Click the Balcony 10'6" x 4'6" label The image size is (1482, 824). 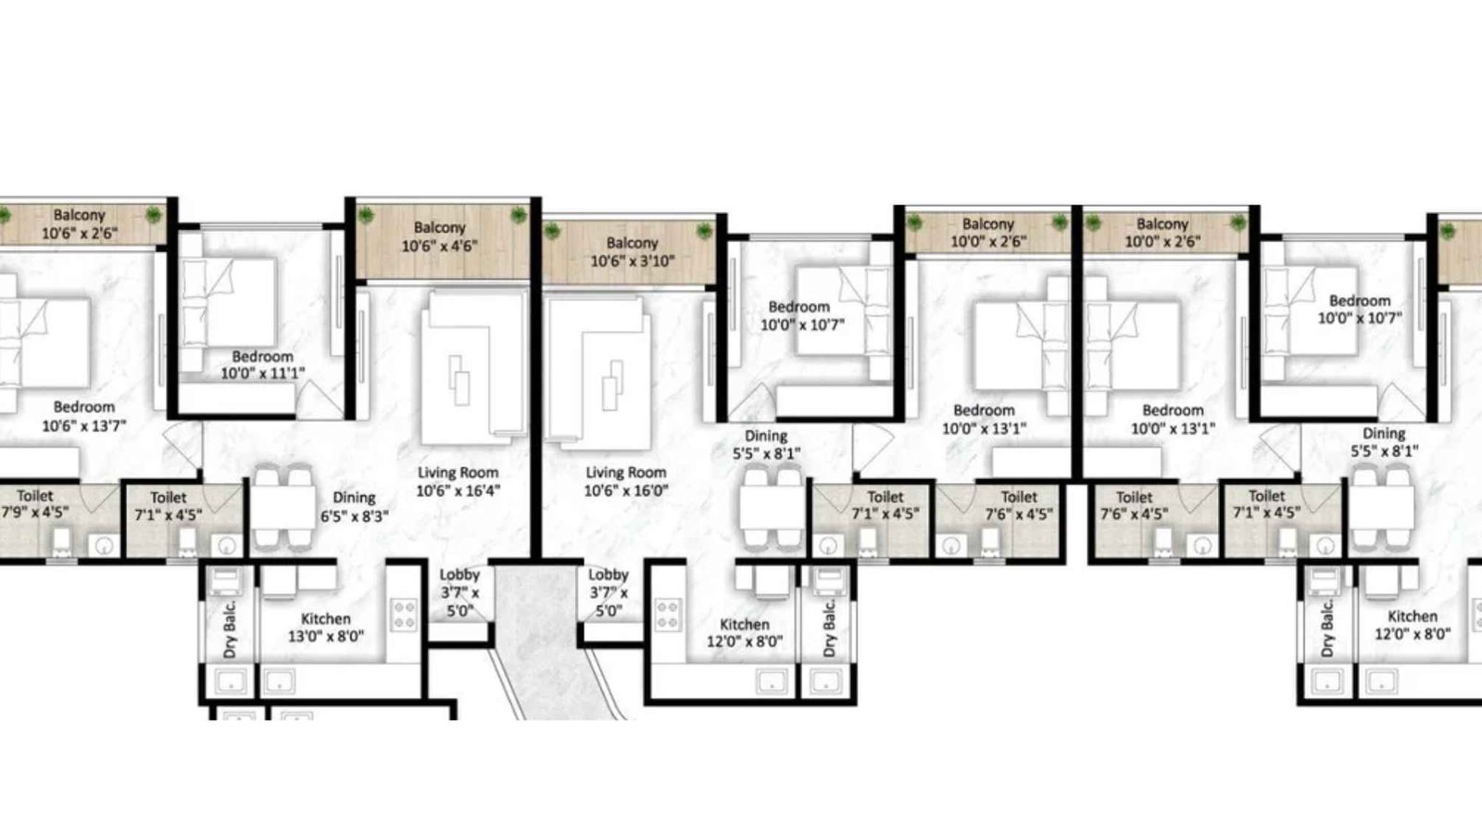(439, 237)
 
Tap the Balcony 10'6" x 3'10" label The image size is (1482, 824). (633, 252)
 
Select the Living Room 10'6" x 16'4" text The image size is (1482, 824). (458, 481)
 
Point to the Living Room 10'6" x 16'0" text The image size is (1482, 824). (625, 482)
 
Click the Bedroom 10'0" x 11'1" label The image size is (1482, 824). (262, 365)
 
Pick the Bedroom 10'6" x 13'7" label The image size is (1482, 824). (83, 416)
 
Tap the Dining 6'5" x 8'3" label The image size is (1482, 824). (354, 507)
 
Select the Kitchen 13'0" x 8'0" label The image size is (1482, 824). (325, 628)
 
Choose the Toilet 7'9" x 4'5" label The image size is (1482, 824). (35, 504)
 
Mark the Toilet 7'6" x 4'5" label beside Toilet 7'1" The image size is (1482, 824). (1019, 506)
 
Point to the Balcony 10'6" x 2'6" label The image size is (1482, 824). (79, 224)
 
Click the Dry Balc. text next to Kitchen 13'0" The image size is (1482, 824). (231, 629)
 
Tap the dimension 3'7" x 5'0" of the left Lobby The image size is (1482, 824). (459, 602)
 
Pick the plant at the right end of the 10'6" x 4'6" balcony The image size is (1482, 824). (518, 215)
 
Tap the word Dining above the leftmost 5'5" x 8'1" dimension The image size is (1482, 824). (766, 436)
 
